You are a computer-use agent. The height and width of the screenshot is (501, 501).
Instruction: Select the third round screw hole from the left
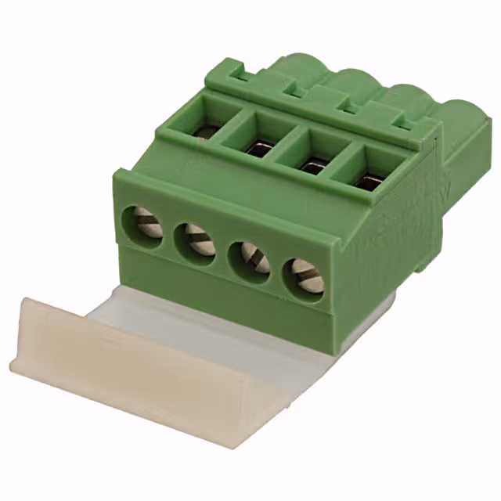[x=249, y=260]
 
